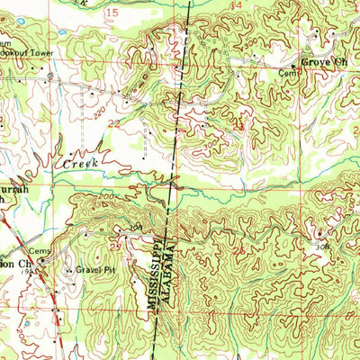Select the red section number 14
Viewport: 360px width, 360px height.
236,6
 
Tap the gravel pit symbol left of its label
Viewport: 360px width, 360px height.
67,269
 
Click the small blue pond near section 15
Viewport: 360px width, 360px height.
59,32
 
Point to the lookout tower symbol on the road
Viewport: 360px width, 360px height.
49,78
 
